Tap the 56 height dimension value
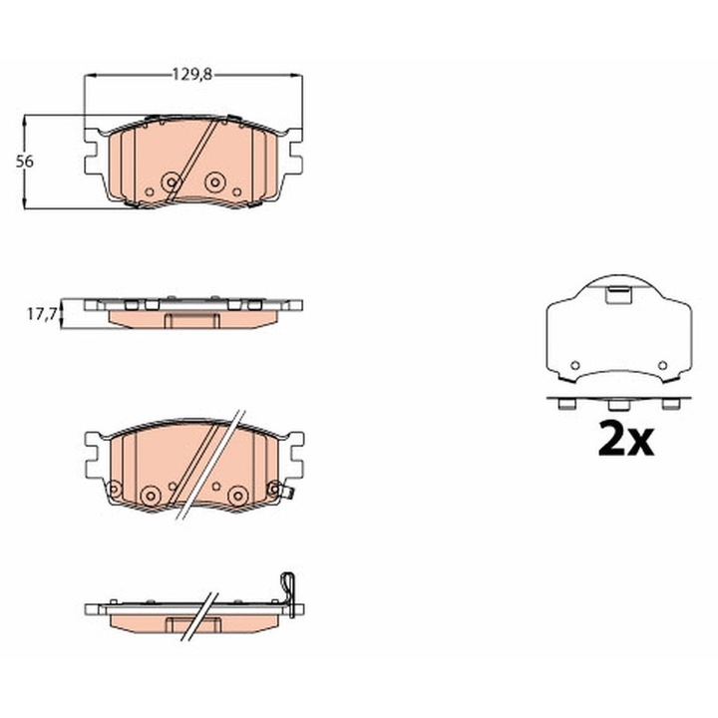(36, 162)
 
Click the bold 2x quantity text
(625, 438)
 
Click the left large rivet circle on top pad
(171, 182)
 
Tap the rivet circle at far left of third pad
(114, 489)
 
